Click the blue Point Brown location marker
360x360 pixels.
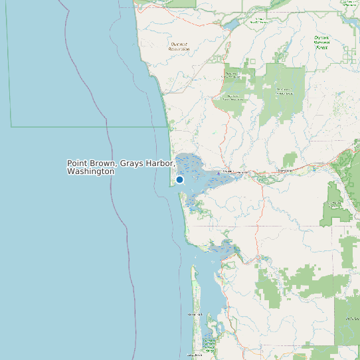(x=179, y=179)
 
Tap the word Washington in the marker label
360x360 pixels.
(x=90, y=171)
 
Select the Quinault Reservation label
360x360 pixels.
(x=179, y=46)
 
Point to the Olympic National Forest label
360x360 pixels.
(x=321, y=43)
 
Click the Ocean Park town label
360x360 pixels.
(x=195, y=314)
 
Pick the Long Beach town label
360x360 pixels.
(x=194, y=355)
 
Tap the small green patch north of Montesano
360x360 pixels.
(x=290, y=159)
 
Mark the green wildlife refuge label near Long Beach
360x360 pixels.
(x=210, y=344)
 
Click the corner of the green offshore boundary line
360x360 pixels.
(x=11, y=126)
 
